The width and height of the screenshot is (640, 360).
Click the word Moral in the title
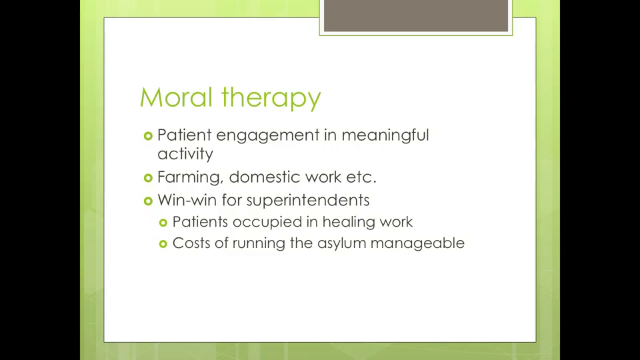[x=176, y=97]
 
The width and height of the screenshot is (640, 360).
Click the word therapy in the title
[x=271, y=99]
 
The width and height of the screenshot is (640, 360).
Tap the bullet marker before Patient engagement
[x=148, y=136]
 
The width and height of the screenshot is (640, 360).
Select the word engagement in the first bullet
[x=268, y=135]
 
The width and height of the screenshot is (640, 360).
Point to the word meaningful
[x=385, y=135]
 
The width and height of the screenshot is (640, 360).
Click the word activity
[x=185, y=154]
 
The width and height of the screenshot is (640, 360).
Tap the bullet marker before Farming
[x=148, y=178]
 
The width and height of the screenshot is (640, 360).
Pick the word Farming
[x=191, y=177]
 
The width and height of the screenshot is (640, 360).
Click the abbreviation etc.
[x=361, y=177]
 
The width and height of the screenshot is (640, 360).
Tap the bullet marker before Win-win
[x=148, y=201]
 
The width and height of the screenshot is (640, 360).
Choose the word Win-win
[x=187, y=200]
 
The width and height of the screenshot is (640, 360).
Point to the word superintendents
[x=308, y=201]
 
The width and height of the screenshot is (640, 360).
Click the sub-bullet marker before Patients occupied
[x=163, y=223]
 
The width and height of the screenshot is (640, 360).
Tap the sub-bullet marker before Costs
[x=163, y=244]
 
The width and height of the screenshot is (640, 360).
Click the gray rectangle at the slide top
[x=416, y=15]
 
